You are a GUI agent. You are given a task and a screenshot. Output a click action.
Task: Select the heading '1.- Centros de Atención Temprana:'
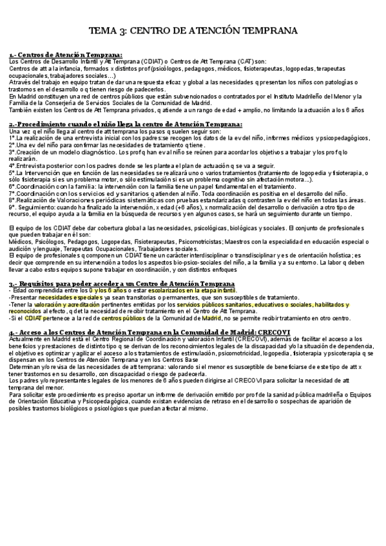point(65,55)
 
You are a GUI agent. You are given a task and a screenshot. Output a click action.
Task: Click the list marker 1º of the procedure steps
point(13,138)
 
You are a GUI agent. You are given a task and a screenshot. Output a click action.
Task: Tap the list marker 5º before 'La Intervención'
point(13,173)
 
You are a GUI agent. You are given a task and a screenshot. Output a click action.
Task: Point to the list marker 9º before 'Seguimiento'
point(13,207)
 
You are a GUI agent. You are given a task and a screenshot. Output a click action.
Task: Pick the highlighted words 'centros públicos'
point(119,318)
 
